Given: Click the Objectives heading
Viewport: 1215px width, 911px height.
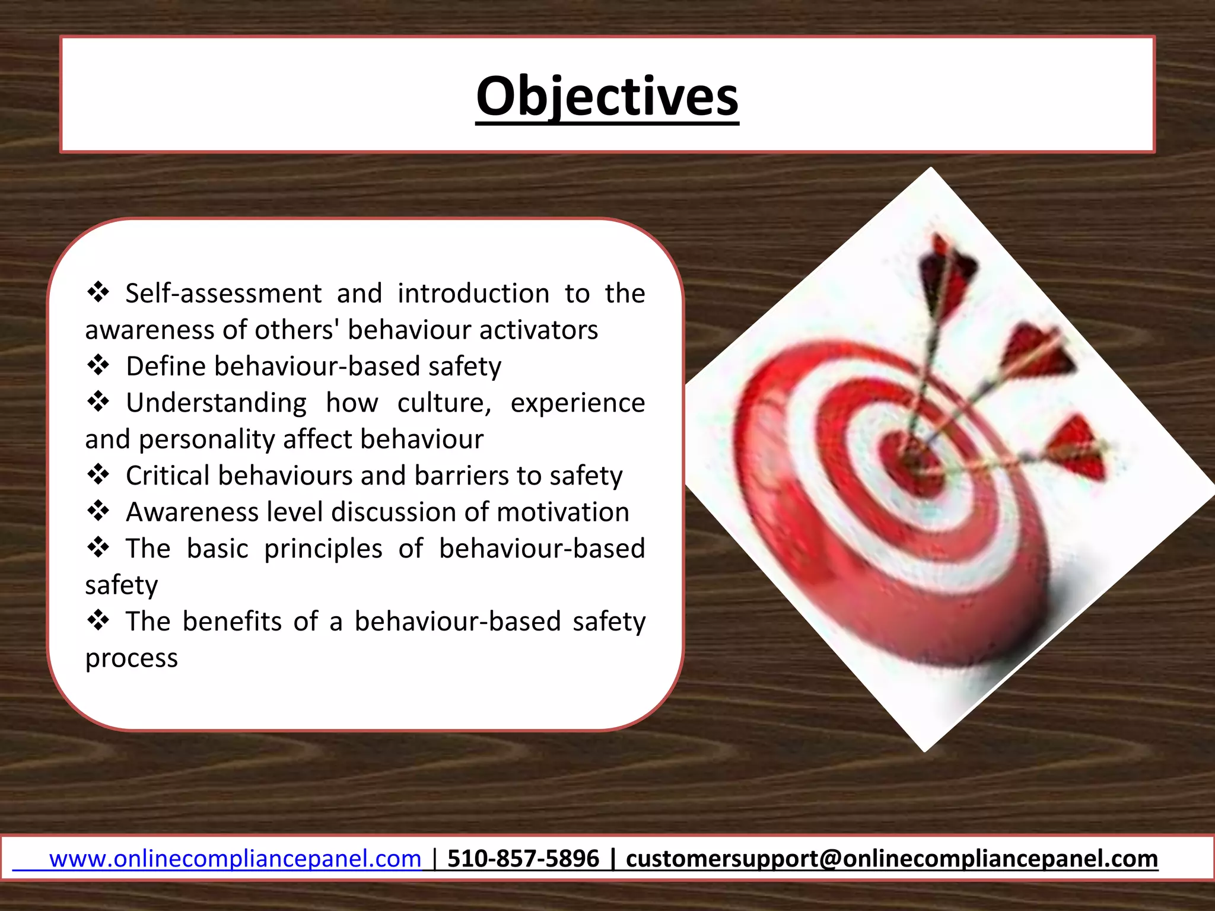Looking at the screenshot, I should (607, 97).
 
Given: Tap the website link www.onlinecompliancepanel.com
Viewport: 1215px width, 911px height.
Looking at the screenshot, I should (235, 859).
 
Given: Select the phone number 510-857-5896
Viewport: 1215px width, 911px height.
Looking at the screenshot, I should (523, 859).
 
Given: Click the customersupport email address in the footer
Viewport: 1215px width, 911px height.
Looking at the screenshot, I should (892, 859).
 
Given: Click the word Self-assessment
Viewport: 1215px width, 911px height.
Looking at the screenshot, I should (224, 294).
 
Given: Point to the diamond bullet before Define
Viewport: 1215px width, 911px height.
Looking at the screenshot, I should (98, 365).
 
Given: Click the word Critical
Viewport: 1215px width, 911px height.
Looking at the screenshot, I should (168, 476).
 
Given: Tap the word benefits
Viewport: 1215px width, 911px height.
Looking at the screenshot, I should (232, 622).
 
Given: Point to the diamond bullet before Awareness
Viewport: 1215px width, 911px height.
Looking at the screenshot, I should (98, 511).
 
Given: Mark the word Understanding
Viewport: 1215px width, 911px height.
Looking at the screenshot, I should (216, 403).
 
